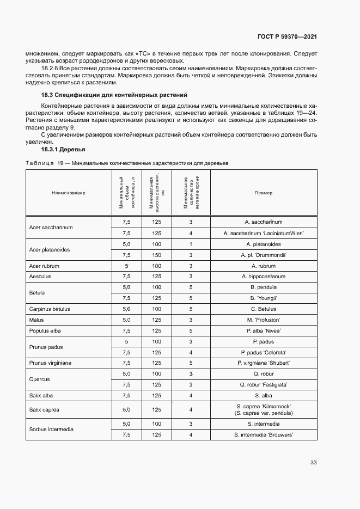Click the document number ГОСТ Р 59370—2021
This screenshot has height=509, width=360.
point(286,36)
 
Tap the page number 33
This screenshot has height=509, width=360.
point(313,463)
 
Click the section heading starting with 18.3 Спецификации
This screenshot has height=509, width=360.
point(114,95)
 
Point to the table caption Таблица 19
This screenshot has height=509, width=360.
point(127,163)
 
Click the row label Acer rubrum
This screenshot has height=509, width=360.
point(44,266)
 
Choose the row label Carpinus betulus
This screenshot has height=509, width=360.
point(50,309)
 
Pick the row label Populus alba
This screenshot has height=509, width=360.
point(45,330)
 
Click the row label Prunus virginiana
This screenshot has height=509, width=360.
point(51,363)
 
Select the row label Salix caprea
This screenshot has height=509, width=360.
point(45,409)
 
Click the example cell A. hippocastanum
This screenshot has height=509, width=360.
point(264,277)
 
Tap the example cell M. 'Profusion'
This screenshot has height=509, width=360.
point(264,320)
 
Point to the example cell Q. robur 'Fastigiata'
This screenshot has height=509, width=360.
point(264,384)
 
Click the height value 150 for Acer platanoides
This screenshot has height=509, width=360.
point(157,255)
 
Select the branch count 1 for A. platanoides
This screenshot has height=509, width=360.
point(191,244)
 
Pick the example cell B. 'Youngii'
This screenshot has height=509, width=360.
point(264,298)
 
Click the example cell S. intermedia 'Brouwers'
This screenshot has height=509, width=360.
point(264,434)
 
